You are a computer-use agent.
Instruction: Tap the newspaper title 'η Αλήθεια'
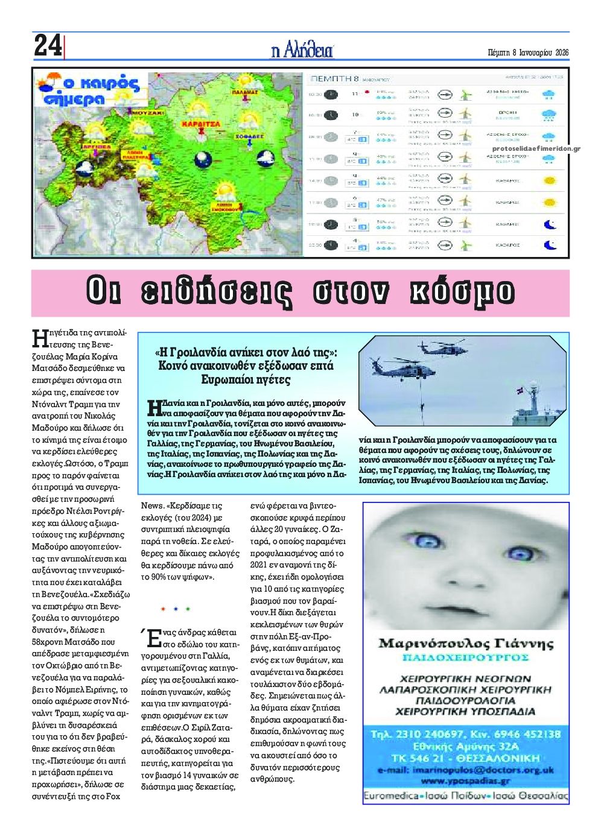point(302,51)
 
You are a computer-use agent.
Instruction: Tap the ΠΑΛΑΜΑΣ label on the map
point(246,93)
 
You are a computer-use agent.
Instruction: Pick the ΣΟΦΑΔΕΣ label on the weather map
point(247,137)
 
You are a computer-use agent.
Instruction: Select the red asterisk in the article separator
point(163,609)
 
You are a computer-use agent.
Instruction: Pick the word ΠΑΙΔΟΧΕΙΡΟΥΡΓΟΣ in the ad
point(465,656)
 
